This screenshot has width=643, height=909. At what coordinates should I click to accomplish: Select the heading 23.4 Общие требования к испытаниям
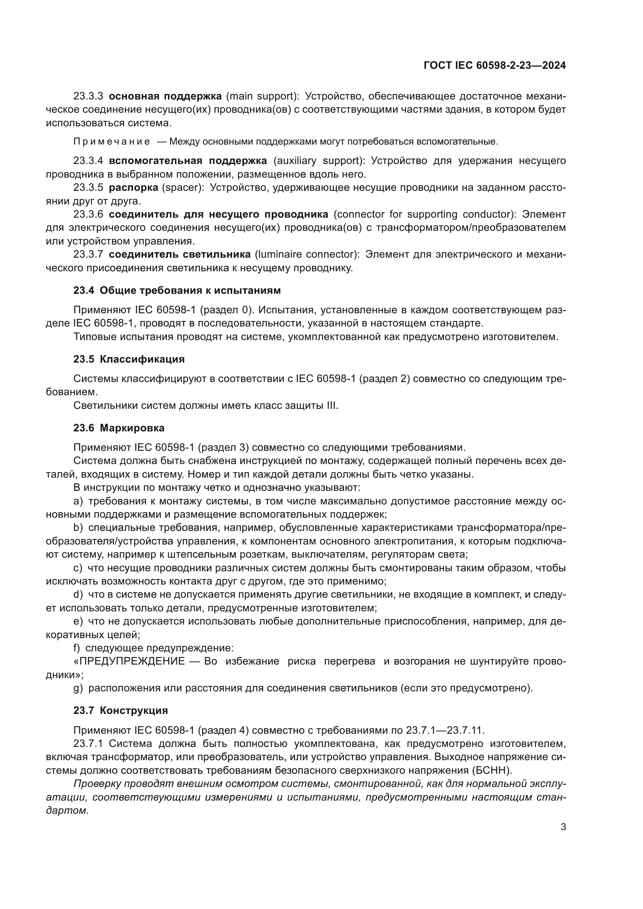point(177,290)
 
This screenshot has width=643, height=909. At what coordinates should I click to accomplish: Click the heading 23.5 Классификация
point(129,359)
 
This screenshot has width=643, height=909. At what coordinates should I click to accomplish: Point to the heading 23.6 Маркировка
point(119,427)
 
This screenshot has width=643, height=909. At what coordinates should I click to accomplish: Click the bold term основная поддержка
point(165,96)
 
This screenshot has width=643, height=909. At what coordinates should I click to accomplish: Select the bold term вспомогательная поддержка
point(188,161)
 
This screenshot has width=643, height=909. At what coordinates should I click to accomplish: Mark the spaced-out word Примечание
point(112,142)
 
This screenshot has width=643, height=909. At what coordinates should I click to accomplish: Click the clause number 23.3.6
point(88,214)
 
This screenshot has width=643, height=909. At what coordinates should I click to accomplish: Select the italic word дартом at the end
point(67,810)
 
